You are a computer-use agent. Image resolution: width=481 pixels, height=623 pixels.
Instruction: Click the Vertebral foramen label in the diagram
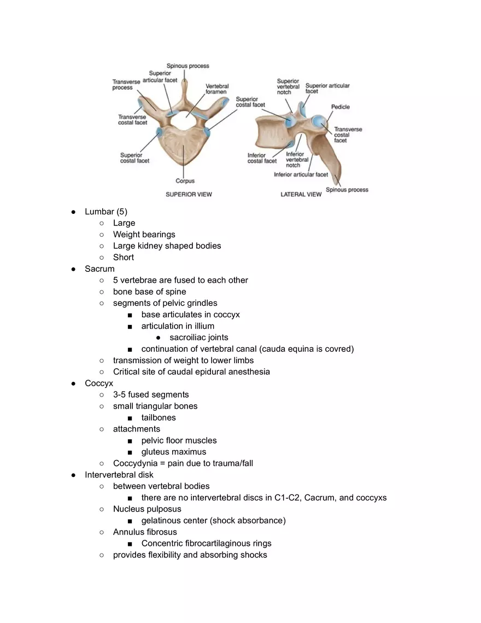217,89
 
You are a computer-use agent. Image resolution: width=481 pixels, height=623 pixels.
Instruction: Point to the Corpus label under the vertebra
185,181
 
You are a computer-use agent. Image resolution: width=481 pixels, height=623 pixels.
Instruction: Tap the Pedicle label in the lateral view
340,107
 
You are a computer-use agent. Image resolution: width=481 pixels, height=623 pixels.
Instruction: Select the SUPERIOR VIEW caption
189,194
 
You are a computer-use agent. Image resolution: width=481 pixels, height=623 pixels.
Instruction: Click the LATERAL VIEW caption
301,194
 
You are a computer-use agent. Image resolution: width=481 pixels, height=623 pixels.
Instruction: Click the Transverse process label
122,85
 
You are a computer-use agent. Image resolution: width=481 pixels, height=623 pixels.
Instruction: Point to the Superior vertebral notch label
288,87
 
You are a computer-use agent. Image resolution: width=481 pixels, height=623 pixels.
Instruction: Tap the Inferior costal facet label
262,158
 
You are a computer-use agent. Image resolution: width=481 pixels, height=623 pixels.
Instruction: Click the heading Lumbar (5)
106,212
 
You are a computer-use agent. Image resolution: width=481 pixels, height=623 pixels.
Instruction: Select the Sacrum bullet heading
99,269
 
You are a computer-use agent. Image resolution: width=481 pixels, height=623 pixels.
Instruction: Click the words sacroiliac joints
199,337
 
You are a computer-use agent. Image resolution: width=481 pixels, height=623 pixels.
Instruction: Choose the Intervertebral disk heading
119,475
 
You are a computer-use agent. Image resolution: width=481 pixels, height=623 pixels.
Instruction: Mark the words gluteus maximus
174,452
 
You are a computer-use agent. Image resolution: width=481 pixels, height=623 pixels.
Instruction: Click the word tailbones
159,417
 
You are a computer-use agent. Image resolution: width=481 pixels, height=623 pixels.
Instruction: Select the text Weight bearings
144,235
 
